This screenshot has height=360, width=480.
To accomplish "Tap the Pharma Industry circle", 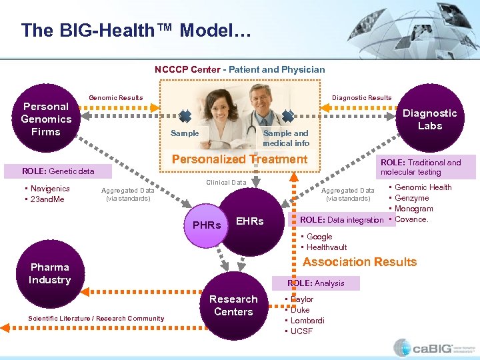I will click(x=49, y=274).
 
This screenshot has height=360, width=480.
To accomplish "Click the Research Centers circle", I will click(x=233, y=305).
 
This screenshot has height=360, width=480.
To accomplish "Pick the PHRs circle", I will click(x=206, y=225).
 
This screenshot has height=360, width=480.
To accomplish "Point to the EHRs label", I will click(x=250, y=221).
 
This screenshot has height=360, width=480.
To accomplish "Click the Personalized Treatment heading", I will click(x=239, y=159).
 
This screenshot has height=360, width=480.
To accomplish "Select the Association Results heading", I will click(x=360, y=262).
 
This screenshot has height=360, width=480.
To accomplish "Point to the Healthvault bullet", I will click(x=326, y=247).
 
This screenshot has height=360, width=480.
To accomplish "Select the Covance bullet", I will click(x=411, y=219).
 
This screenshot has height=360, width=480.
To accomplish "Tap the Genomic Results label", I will click(x=116, y=98).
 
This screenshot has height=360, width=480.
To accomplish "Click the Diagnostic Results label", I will click(x=362, y=98).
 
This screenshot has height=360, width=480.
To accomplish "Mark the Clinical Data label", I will click(x=226, y=182).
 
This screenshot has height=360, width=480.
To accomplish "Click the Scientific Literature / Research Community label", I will click(x=96, y=319).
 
